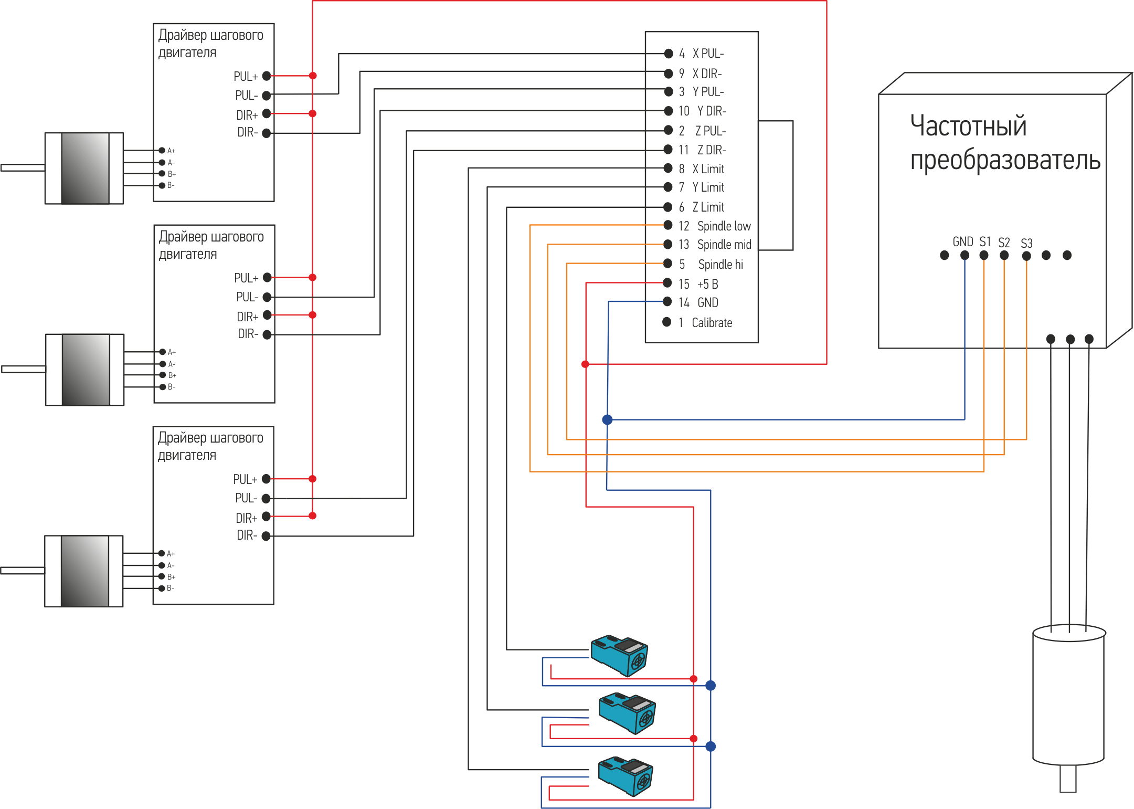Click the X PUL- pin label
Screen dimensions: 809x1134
tap(708, 54)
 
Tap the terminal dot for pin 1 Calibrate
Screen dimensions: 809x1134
tap(666, 322)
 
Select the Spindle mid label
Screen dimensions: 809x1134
tap(724, 245)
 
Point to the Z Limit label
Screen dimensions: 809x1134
tap(708, 207)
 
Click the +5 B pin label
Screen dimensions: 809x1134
tap(707, 284)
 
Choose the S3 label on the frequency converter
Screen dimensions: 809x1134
tap(1026, 243)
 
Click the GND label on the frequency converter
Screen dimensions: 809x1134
tap(963, 241)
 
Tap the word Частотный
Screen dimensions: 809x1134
tap(968, 126)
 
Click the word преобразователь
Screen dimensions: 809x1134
tap(1005, 160)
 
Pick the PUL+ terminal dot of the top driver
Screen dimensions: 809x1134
tap(267, 76)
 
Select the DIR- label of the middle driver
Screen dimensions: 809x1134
tap(248, 334)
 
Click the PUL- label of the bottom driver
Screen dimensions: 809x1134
tap(246, 498)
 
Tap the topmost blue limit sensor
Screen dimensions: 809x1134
tap(619, 655)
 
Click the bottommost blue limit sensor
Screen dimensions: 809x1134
tap(626, 776)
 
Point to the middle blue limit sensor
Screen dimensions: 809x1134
tap(627, 712)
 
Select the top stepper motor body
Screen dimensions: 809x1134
tap(85, 168)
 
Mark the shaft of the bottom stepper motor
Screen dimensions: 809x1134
tap(23, 571)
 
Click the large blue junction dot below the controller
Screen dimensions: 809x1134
tap(607, 419)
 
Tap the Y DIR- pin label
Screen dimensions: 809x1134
tap(712, 111)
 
